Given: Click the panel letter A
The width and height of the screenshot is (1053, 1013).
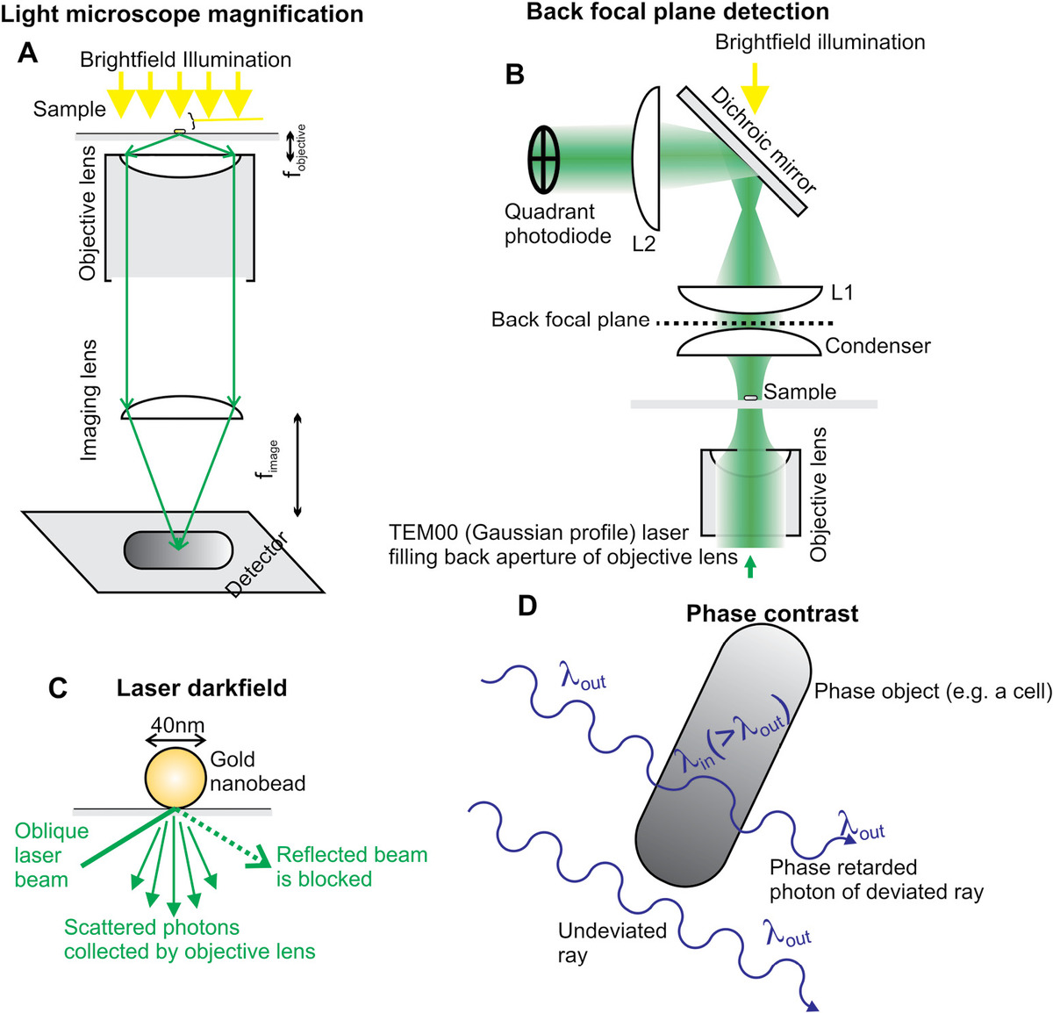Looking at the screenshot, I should click(x=28, y=54).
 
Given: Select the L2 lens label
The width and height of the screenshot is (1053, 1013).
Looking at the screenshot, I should click(x=643, y=244).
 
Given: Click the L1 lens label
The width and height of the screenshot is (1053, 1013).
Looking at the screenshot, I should click(x=841, y=292).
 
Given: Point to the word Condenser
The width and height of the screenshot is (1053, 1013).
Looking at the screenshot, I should click(x=877, y=346).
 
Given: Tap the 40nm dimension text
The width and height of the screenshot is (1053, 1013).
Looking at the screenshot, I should click(x=177, y=725).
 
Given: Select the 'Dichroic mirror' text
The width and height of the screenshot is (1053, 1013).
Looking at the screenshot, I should click(x=763, y=140).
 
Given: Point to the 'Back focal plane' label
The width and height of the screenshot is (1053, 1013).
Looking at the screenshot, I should click(x=570, y=320).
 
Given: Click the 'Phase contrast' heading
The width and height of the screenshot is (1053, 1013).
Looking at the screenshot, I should click(x=772, y=613).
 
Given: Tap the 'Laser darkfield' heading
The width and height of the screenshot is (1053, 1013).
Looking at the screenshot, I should click(x=202, y=687).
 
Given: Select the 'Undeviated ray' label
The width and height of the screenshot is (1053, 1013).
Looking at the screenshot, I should click(x=612, y=943).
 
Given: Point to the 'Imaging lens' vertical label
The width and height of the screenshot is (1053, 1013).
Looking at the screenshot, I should click(x=89, y=399).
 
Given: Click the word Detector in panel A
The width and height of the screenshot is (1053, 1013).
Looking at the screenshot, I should click(x=257, y=564).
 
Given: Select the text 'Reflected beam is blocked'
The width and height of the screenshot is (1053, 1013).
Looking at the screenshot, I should click(x=351, y=866).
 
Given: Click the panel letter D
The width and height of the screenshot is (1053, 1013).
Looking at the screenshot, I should click(x=527, y=606).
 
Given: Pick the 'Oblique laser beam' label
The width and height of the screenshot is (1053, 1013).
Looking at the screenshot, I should click(x=51, y=855).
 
